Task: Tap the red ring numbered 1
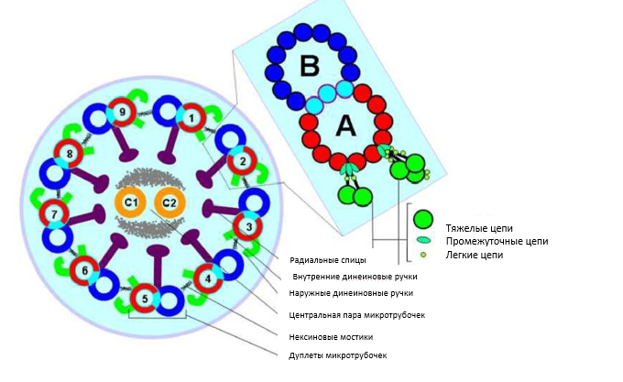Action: (x=191, y=117)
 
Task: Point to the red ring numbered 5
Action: (x=143, y=299)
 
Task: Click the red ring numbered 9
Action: (x=122, y=113)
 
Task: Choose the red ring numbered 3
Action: (x=246, y=224)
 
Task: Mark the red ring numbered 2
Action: (x=242, y=162)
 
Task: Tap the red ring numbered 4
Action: (x=208, y=278)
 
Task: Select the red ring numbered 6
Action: (x=84, y=271)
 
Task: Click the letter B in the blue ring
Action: (x=310, y=65)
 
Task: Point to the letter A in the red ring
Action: (x=344, y=126)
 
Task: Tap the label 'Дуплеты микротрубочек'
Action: (x=337, y=355)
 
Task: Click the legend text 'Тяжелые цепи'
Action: (x=479, y=225)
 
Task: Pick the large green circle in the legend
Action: (x=422, y=220)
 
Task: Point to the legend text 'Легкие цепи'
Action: (x=474, y=255)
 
